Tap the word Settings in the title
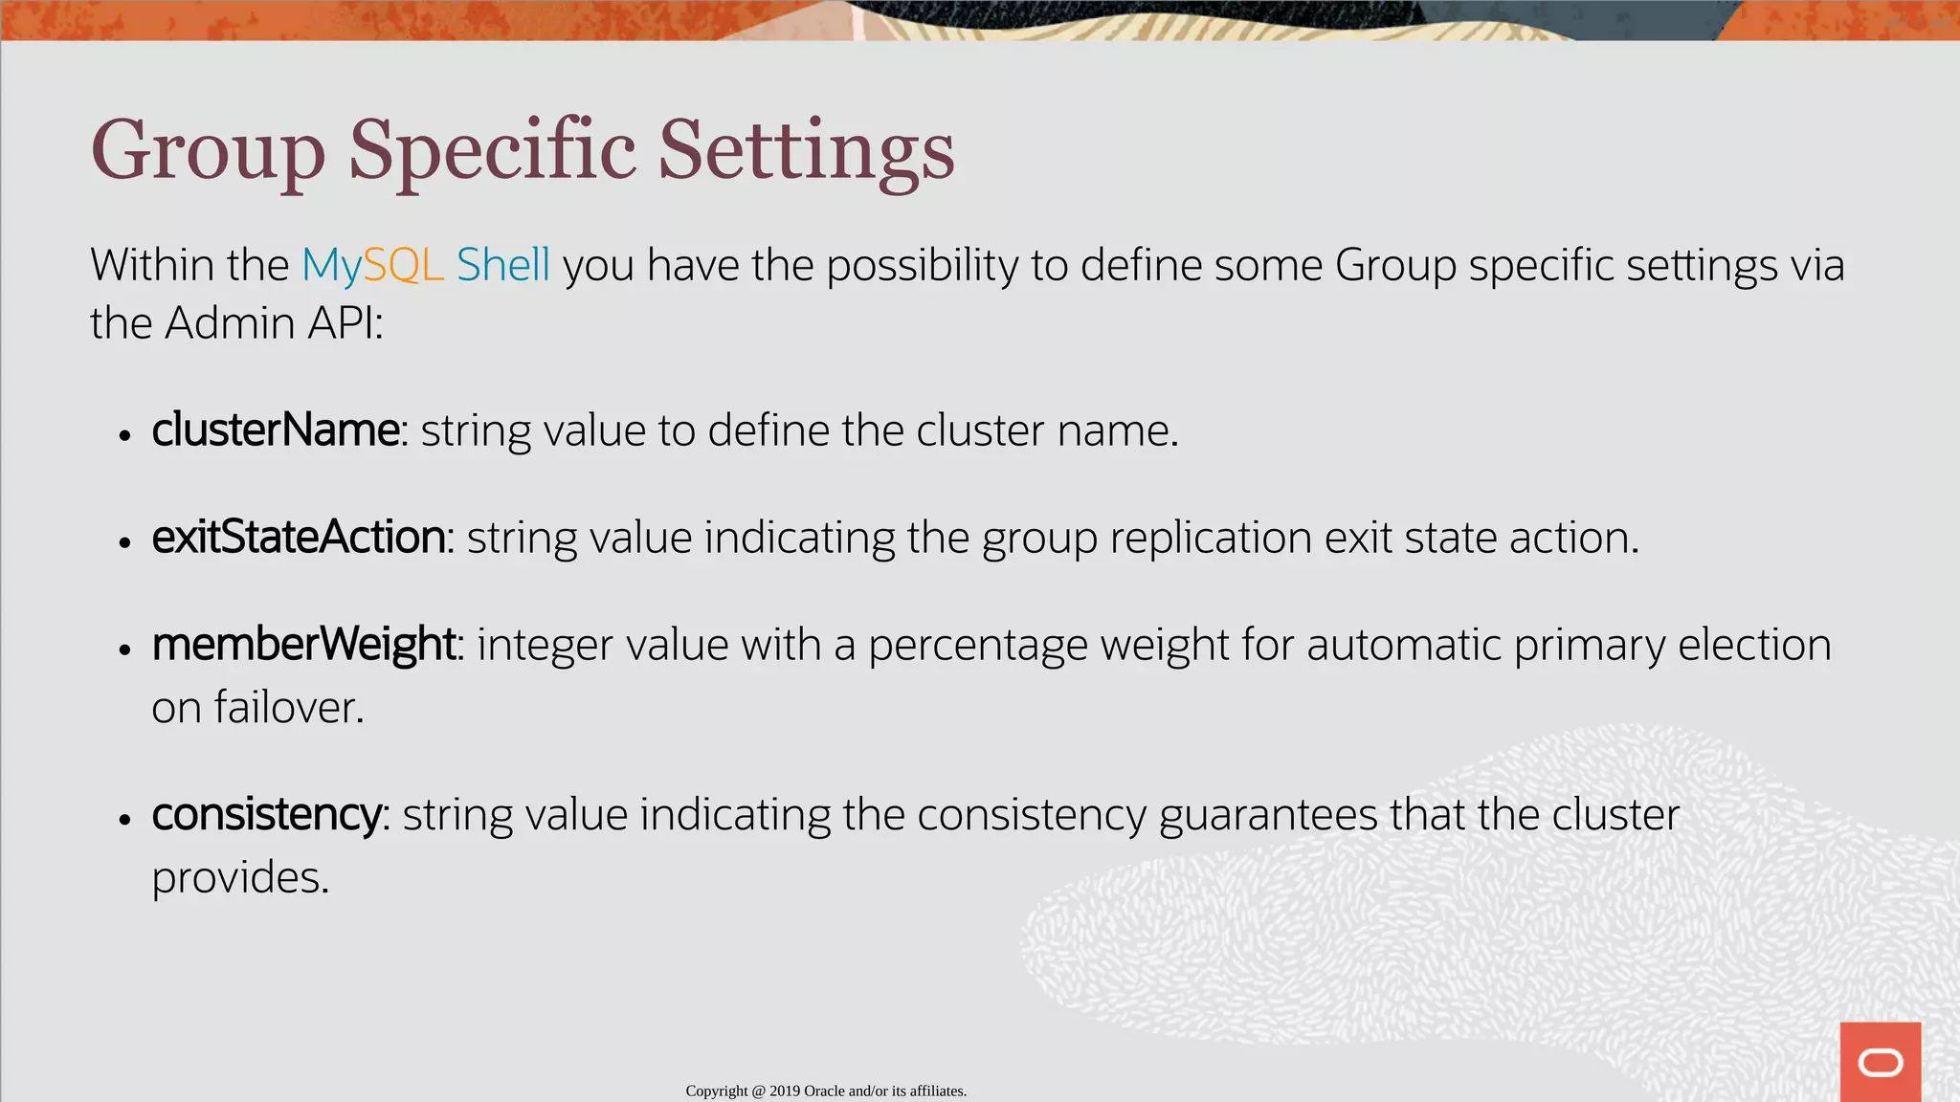coord(806,151)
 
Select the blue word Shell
coord(502,265)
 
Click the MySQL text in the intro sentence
coord(372,265)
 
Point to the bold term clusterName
coord(276,430)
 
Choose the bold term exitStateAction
coord(299,537)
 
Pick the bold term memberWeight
coord(303,644)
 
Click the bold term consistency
coord(267,815)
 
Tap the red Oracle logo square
coord(1880,1062)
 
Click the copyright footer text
coord(826,1091)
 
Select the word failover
coord(288,708)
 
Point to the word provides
coord(240,877)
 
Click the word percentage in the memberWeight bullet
coord(977,645)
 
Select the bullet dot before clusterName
coord(124,435)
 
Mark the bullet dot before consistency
coord(124,820)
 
